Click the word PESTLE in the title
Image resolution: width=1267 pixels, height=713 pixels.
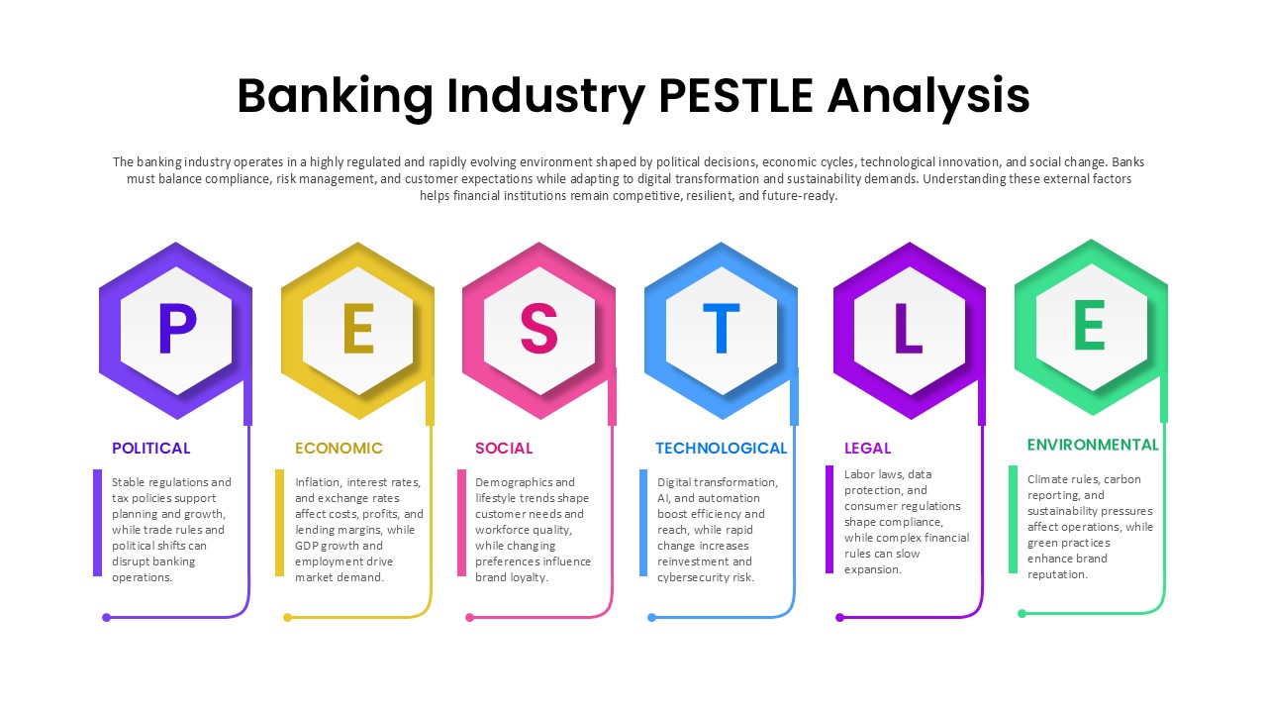click(x=735, y=96)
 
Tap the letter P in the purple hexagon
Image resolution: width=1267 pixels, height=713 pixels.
click(x=176, y=330)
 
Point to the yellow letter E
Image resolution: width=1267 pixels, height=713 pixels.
click(x=358, y=330)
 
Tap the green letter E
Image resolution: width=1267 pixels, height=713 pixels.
click(x=1090, y=326)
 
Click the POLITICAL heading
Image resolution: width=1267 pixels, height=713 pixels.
click(x=150, y=449)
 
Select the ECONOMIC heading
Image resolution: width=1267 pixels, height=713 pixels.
click(x=339, y=449)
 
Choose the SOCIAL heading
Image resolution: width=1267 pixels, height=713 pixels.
click(x=504, y=449)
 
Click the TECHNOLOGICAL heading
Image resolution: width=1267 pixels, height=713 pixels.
click(x=721, y=449)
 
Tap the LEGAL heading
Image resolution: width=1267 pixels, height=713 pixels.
click(x=867, y=449)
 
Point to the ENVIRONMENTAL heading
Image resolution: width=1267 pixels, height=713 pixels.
click(x=1092, y=445)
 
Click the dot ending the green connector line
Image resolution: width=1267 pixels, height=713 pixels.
click(x=1023, y=613)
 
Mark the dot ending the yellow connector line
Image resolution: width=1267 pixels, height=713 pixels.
click(x=288, y=617)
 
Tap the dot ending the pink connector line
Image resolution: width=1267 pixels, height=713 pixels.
click(x=469, y=617)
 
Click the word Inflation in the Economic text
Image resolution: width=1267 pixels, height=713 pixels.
click(x=318, y=482)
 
